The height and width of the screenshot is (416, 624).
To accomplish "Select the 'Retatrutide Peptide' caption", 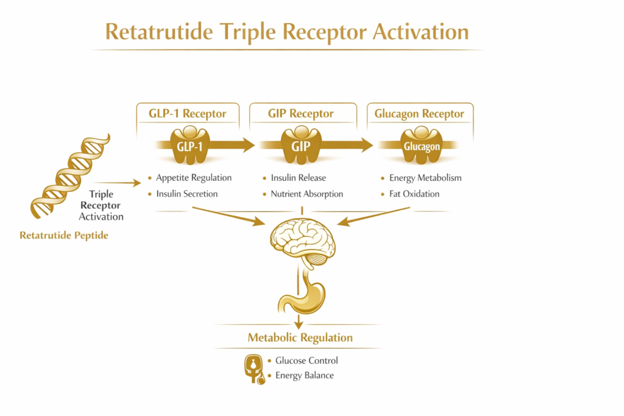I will pos(64,235).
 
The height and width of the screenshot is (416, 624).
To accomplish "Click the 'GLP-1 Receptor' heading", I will pos(188,114).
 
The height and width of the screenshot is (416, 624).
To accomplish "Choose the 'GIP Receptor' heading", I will pos(301,114).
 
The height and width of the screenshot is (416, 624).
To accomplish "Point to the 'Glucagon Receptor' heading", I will pos(419,114).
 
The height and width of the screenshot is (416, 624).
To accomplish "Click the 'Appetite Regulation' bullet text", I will pos(194,178).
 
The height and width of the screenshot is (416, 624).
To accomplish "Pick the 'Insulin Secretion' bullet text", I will pos(186,194).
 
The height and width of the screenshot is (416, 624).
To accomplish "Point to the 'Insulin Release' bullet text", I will pos(298,178).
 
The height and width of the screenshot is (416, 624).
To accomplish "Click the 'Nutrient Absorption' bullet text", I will pos(307,194).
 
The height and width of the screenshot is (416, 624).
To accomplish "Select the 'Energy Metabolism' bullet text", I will pos(425,178).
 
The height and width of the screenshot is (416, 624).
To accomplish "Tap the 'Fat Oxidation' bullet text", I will pos(414,194).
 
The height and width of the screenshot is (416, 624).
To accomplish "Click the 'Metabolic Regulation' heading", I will pos(300,337).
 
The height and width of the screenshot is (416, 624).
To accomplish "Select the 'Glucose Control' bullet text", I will pos(307,361).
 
